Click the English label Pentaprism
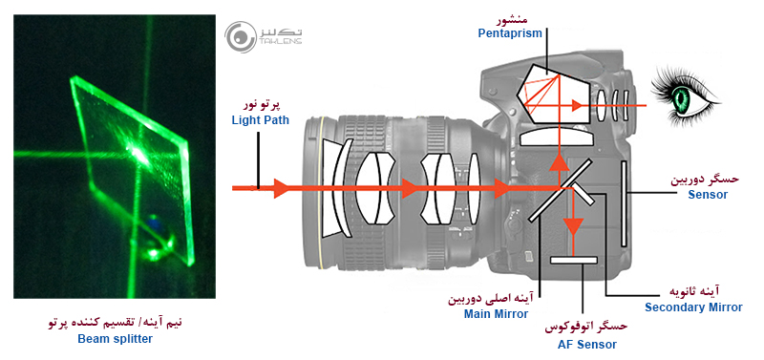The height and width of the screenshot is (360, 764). click(x=510, y=33)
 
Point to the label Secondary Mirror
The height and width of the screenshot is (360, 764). click(x=692, y=307)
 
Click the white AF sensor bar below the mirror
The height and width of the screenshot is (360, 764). click(x=572, y=258)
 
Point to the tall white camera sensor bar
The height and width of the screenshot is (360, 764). click(x=623, y=203)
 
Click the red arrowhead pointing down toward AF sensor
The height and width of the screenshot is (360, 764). click(x=572, y=227)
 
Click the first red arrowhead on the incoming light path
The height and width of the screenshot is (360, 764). click(x=280, y=188)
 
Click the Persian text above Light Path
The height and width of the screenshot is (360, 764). click(x=258, y=103)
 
